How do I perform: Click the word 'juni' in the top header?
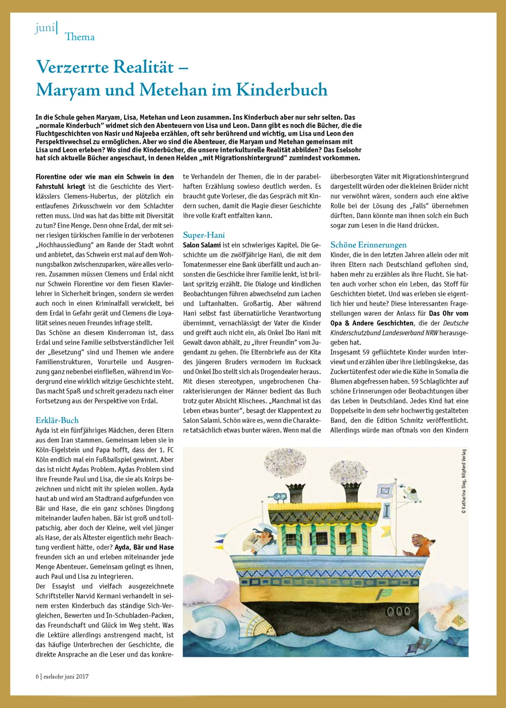coord(45,28)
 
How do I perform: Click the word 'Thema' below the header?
coord(79,37)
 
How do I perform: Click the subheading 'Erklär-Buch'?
coord(57,420)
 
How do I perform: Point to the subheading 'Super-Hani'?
coord(203,235)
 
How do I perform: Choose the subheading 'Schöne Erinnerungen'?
coord(368,245)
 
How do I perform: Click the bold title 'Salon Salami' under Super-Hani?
coord(202,245)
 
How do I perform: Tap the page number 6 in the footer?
coord(37,676)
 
